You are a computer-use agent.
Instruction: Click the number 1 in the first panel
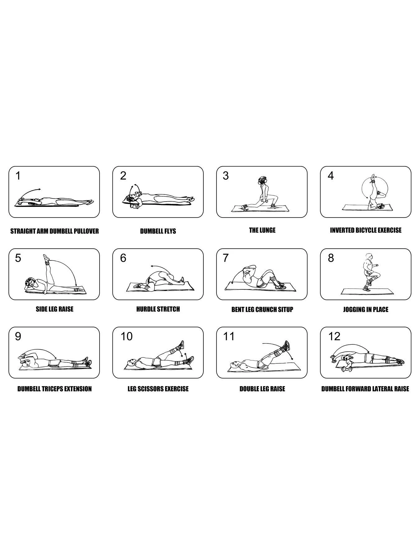18,176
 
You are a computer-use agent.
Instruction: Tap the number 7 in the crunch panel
226,258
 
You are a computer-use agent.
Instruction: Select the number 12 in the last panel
334,336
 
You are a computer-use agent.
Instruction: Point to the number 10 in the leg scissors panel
127,336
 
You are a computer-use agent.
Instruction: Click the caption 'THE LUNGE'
262,230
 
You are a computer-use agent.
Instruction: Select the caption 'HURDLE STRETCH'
158,309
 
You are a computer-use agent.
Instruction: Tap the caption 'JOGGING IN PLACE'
366,310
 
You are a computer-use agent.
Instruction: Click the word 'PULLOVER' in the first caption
86,231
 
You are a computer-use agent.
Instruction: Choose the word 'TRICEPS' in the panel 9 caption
55,389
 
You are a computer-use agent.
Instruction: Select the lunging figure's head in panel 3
261,181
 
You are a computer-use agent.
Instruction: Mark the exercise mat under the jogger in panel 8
366,291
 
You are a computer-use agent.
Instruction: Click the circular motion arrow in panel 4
362,189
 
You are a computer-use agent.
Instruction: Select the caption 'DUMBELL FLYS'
158,231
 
